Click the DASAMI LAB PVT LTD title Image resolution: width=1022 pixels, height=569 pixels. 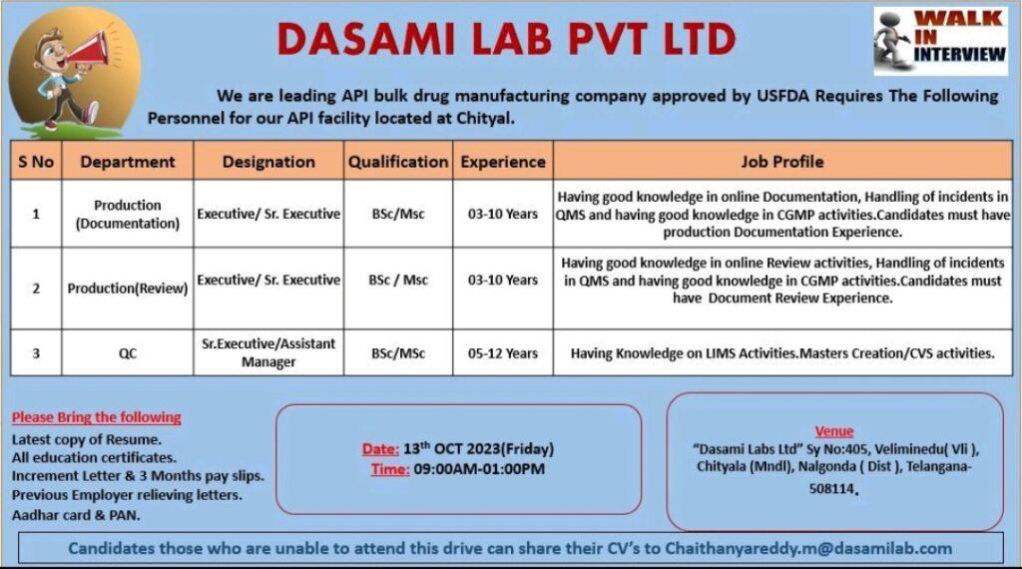point(506,39)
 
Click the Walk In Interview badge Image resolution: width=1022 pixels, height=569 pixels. point(940,41)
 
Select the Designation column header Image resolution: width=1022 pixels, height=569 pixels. point(268,162)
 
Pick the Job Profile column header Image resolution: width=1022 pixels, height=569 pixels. point(782,162)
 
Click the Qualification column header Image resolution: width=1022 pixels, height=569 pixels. point(398,162)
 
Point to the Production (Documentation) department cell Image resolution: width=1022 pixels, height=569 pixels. point(128,214)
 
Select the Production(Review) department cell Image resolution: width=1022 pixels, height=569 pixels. point(128,288)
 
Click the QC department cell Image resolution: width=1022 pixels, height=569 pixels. point(128,353)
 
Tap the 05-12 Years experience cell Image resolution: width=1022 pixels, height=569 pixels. point(503,353)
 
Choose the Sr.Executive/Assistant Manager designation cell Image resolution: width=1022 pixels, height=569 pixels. point(268,352)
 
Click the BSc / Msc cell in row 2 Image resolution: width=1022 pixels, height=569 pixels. point(398,280)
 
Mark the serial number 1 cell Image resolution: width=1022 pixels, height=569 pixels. point(36,214)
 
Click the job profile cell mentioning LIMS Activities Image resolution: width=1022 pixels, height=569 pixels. point(782,353)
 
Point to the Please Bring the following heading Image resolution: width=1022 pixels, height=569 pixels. point(97,417)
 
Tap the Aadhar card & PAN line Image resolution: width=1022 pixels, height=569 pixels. point(76,515)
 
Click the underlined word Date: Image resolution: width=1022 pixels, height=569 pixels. point(380,449)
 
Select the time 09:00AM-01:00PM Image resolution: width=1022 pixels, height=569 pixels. point(479,469)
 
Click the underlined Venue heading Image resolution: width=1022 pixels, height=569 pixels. point(833,431)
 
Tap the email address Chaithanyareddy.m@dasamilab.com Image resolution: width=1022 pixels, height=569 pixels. point(808,549)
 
